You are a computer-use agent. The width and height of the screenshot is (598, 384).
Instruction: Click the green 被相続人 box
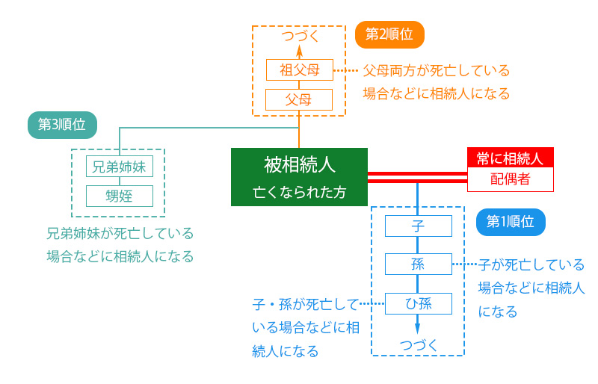[299, 177]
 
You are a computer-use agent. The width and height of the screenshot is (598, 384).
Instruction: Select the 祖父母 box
[299, 70]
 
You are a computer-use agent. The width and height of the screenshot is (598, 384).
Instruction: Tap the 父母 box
[299, 99]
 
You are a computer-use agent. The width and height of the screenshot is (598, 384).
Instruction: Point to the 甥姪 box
[120, 196]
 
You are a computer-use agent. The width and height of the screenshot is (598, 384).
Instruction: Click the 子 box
[418, 226]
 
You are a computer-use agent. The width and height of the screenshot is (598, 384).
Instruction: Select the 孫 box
[418, 264]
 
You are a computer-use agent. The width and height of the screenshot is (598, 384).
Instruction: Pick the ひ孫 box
[418, 303]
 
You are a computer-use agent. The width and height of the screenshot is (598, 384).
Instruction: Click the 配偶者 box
[510, 180]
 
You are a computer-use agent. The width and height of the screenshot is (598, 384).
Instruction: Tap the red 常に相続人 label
[510, 158]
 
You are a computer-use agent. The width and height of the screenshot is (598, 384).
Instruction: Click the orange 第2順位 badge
[389, 34]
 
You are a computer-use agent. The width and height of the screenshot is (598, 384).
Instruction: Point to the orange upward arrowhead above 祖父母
[299, 52]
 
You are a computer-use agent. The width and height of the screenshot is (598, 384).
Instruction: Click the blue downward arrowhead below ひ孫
[418, 327]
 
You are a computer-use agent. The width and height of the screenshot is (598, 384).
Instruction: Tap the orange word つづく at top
[299, 35]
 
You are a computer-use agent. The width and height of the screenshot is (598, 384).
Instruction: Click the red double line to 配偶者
[417, 177]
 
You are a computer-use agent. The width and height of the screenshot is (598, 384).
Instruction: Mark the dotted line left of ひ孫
[372, 304]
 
